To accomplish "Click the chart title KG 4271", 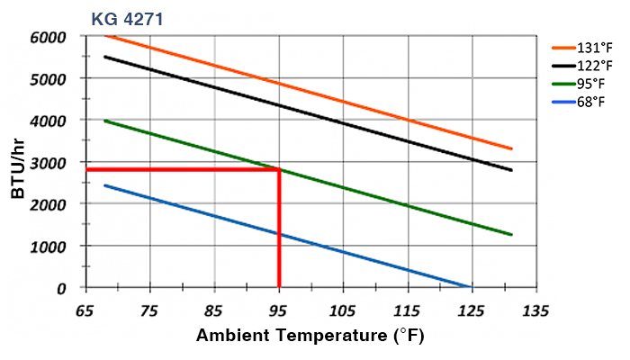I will click(127, 18).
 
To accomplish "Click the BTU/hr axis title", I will click(19, 162).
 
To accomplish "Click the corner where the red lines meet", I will click(280, 169).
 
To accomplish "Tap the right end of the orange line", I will click(511, 148).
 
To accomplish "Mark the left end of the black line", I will click(105, 57).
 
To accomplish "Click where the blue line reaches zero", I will click(470, 287).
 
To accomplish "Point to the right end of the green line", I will click(511, 235).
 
